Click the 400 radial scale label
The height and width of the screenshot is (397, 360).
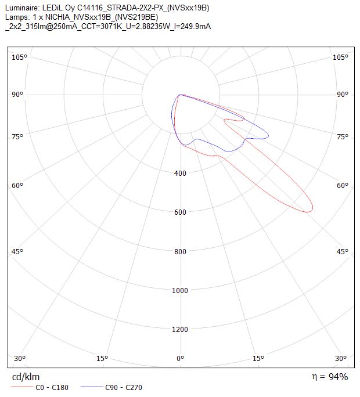(180, 173)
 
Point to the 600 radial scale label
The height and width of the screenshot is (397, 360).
(180, 212)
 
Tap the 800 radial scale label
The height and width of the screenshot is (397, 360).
(180, 251)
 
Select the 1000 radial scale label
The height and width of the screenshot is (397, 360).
(180, 290)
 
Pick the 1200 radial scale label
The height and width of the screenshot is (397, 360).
(180, 330)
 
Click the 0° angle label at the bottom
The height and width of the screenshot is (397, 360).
(180, 358)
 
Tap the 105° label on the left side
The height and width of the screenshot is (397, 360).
(19, 57)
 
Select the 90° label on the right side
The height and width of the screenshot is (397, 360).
(343, 95)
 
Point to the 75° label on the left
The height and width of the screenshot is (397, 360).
(17, 137)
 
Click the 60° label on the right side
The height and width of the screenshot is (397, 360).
(343, 186)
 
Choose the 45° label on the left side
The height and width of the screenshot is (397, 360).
(17, 252)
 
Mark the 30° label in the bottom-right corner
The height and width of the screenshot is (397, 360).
(340, 358)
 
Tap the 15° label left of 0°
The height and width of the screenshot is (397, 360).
(102, 358)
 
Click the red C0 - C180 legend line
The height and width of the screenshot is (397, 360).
(22, 387)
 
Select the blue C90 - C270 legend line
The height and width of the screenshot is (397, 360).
(92, 387)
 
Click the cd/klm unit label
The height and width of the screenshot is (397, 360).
(26, 377)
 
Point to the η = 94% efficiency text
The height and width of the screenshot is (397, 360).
(330, 377)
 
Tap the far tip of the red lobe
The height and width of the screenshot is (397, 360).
(312, 209)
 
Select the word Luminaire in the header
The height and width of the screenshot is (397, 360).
(22, 8)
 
